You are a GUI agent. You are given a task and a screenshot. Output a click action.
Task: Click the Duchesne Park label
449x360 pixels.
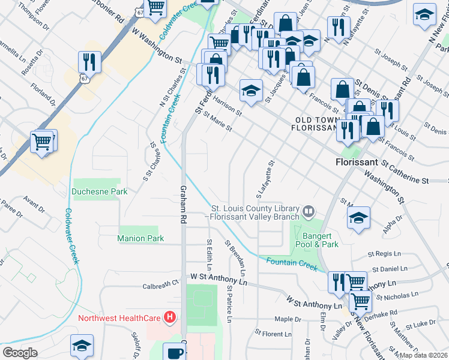[100, 192]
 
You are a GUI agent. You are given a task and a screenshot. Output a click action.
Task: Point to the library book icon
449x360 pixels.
[308, 211]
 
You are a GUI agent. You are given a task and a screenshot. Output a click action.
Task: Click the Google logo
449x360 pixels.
[20, 352]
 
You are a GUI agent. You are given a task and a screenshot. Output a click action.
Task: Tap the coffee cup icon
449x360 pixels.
[175, 352]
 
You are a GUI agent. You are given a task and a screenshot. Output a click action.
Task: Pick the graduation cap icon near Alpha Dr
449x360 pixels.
[358, 217]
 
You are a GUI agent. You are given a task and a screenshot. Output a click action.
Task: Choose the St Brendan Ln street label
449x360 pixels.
[232, 254]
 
